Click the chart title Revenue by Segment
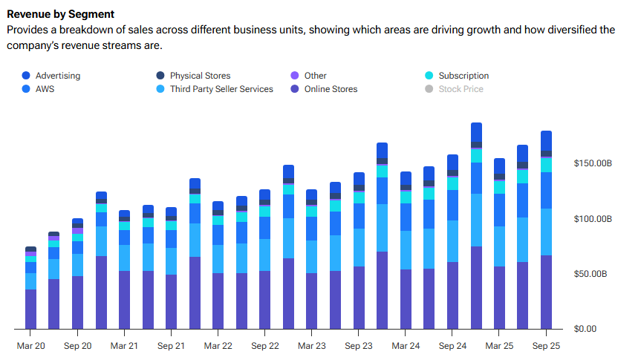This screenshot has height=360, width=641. tap(60, 14)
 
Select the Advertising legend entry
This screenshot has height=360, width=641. tap(57, 76)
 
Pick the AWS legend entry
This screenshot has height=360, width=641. tap(45, 89)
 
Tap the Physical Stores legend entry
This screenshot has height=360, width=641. tap(200, 76)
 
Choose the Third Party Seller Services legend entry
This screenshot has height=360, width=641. tap(221, 89)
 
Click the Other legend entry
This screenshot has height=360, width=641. tap(315, 76)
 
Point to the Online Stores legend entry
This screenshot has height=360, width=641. tap(331, 89)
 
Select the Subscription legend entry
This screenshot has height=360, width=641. tap(463, 76)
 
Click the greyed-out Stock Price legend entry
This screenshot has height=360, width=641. tap(461, 89)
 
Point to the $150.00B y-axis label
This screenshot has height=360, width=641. tap(591, 163)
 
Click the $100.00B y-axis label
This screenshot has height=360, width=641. tap(591, 219)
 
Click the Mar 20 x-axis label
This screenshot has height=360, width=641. tap(31, 346)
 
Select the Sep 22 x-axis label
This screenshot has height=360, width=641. tap(264, 346)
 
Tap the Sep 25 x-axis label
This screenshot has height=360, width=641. tap(546, 346)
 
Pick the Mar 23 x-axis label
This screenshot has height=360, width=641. tap(311, 346)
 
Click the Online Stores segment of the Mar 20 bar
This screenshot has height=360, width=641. tap(30, 309)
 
